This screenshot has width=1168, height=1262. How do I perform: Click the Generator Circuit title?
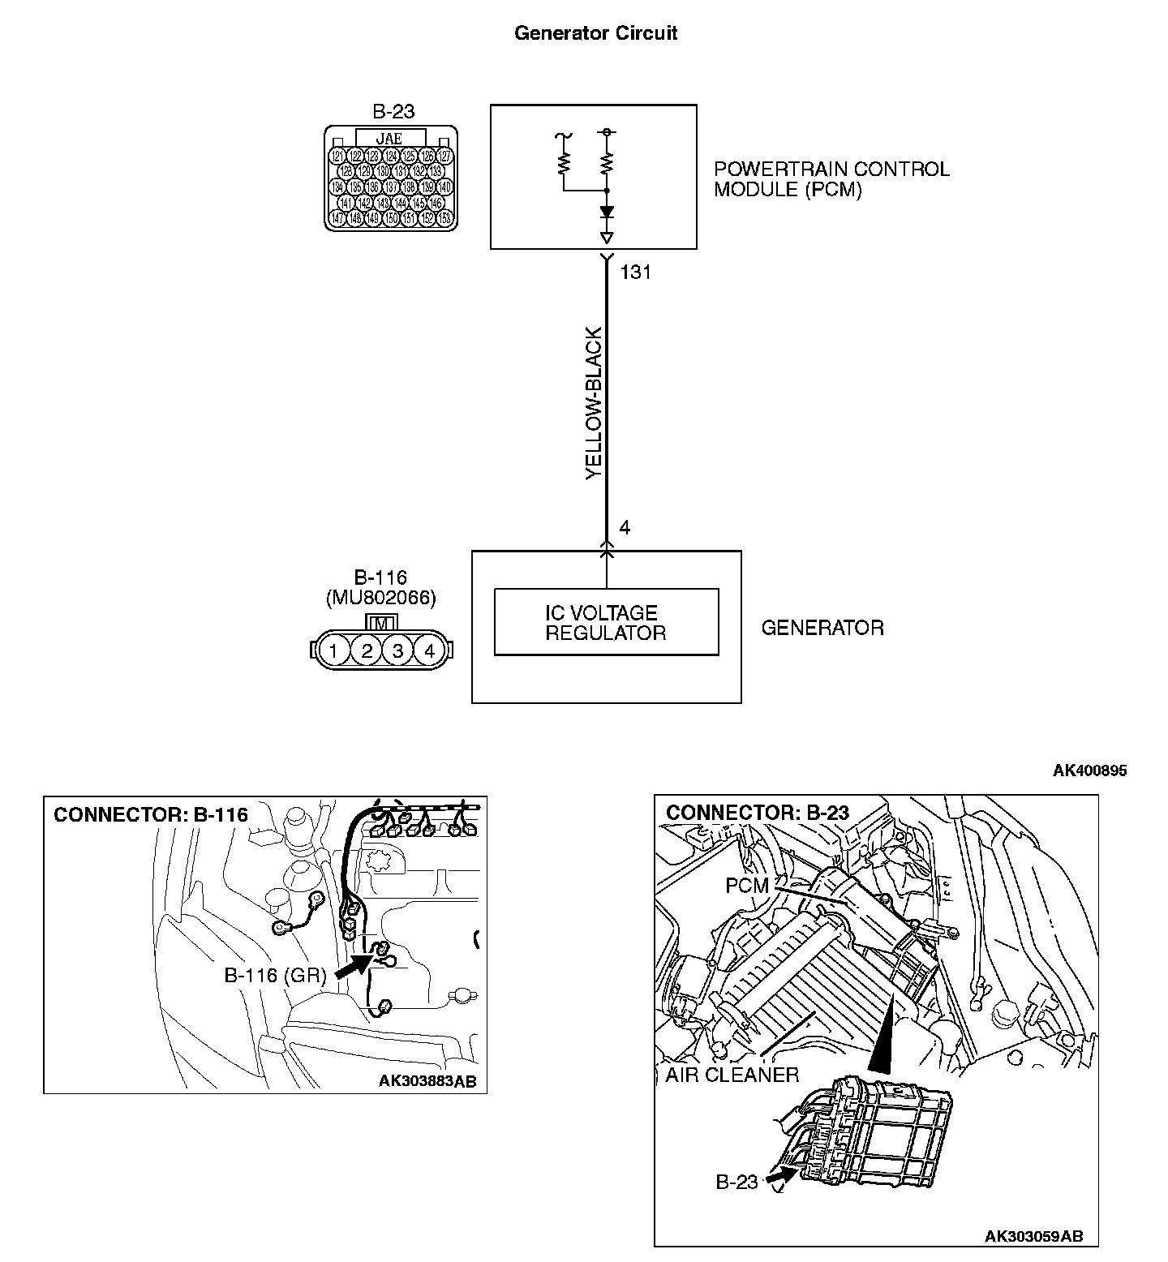595,33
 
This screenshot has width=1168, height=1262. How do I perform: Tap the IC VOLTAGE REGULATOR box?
606,622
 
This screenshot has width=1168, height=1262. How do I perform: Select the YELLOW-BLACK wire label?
595,403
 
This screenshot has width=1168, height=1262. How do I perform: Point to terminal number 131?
635,273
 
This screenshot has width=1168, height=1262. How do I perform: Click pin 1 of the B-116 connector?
333,650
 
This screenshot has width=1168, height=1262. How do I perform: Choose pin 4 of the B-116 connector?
429,650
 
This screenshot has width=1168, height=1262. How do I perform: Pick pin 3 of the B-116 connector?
397,650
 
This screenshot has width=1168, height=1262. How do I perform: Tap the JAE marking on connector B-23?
389,139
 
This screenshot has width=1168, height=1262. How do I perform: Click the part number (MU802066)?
380,599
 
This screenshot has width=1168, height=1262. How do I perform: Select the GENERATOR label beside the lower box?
822,628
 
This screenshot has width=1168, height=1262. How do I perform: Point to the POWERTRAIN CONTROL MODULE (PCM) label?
831,179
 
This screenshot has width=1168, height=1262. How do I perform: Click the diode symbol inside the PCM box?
607,212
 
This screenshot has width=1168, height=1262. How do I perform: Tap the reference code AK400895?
1089,771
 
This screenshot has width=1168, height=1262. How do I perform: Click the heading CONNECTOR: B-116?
151,814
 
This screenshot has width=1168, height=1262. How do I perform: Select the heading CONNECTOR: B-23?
758,813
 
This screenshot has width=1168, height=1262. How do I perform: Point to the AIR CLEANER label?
732,1075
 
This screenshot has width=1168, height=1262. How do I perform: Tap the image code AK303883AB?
427,1080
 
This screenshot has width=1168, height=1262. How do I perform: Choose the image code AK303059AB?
1033,1236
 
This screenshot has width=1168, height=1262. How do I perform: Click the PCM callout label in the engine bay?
746,886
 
